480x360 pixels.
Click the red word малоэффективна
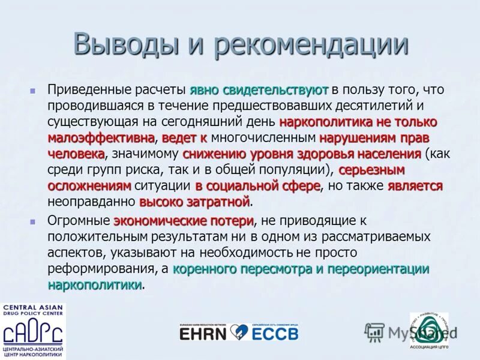tap(101, 138)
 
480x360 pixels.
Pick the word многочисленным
tap(259, 138)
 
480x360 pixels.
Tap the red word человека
tap(76, 154)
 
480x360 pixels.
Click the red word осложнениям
tap(88, 186)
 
